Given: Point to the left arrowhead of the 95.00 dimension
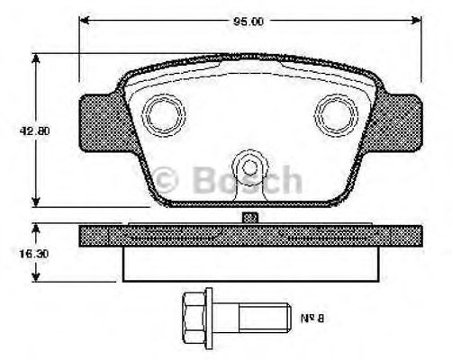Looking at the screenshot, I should pos(85,18).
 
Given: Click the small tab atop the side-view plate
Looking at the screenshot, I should pos(250,217).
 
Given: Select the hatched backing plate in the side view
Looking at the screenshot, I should pos(249,234).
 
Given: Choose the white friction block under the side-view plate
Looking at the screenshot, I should pos(249,264).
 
